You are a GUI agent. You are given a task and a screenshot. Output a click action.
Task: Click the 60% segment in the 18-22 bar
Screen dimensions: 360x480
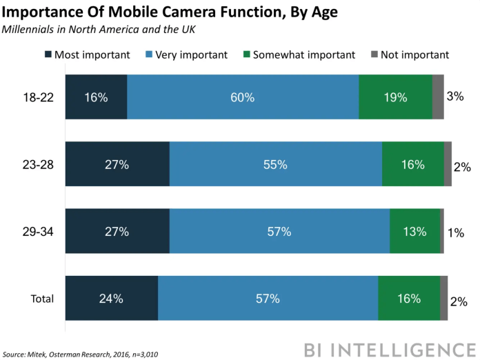click(x=243, y=97)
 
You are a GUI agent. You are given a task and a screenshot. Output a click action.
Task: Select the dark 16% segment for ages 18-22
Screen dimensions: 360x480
click(x=96, y=97)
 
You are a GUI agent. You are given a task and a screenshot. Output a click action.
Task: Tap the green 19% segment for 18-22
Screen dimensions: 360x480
click(x=395, y=97)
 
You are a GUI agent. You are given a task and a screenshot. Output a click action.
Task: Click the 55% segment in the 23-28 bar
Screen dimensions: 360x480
click(x=276, y=164)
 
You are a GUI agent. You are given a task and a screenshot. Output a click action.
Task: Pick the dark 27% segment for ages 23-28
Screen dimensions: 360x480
click(x=117, y=164)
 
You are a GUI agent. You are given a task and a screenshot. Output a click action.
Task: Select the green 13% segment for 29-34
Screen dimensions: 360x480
click(x=414, y=231)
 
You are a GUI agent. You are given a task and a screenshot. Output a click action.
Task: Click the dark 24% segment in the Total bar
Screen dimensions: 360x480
click(x=112, y=298)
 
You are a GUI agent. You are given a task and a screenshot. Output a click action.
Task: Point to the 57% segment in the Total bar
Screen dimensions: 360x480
click(x=268, y=298)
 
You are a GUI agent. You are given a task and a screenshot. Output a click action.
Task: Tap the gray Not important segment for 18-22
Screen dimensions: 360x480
click(x=438, y=97)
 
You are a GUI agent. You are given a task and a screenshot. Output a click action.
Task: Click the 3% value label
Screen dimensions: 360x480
click(x=455, y=96)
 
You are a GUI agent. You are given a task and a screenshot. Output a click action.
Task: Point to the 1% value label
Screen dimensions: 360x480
click(x=455, y=232)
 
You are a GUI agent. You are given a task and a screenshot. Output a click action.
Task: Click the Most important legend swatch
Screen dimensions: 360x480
click(x=48, y=54)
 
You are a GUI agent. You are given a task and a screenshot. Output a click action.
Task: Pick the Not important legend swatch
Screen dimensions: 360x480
click(x=374, y=54)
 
